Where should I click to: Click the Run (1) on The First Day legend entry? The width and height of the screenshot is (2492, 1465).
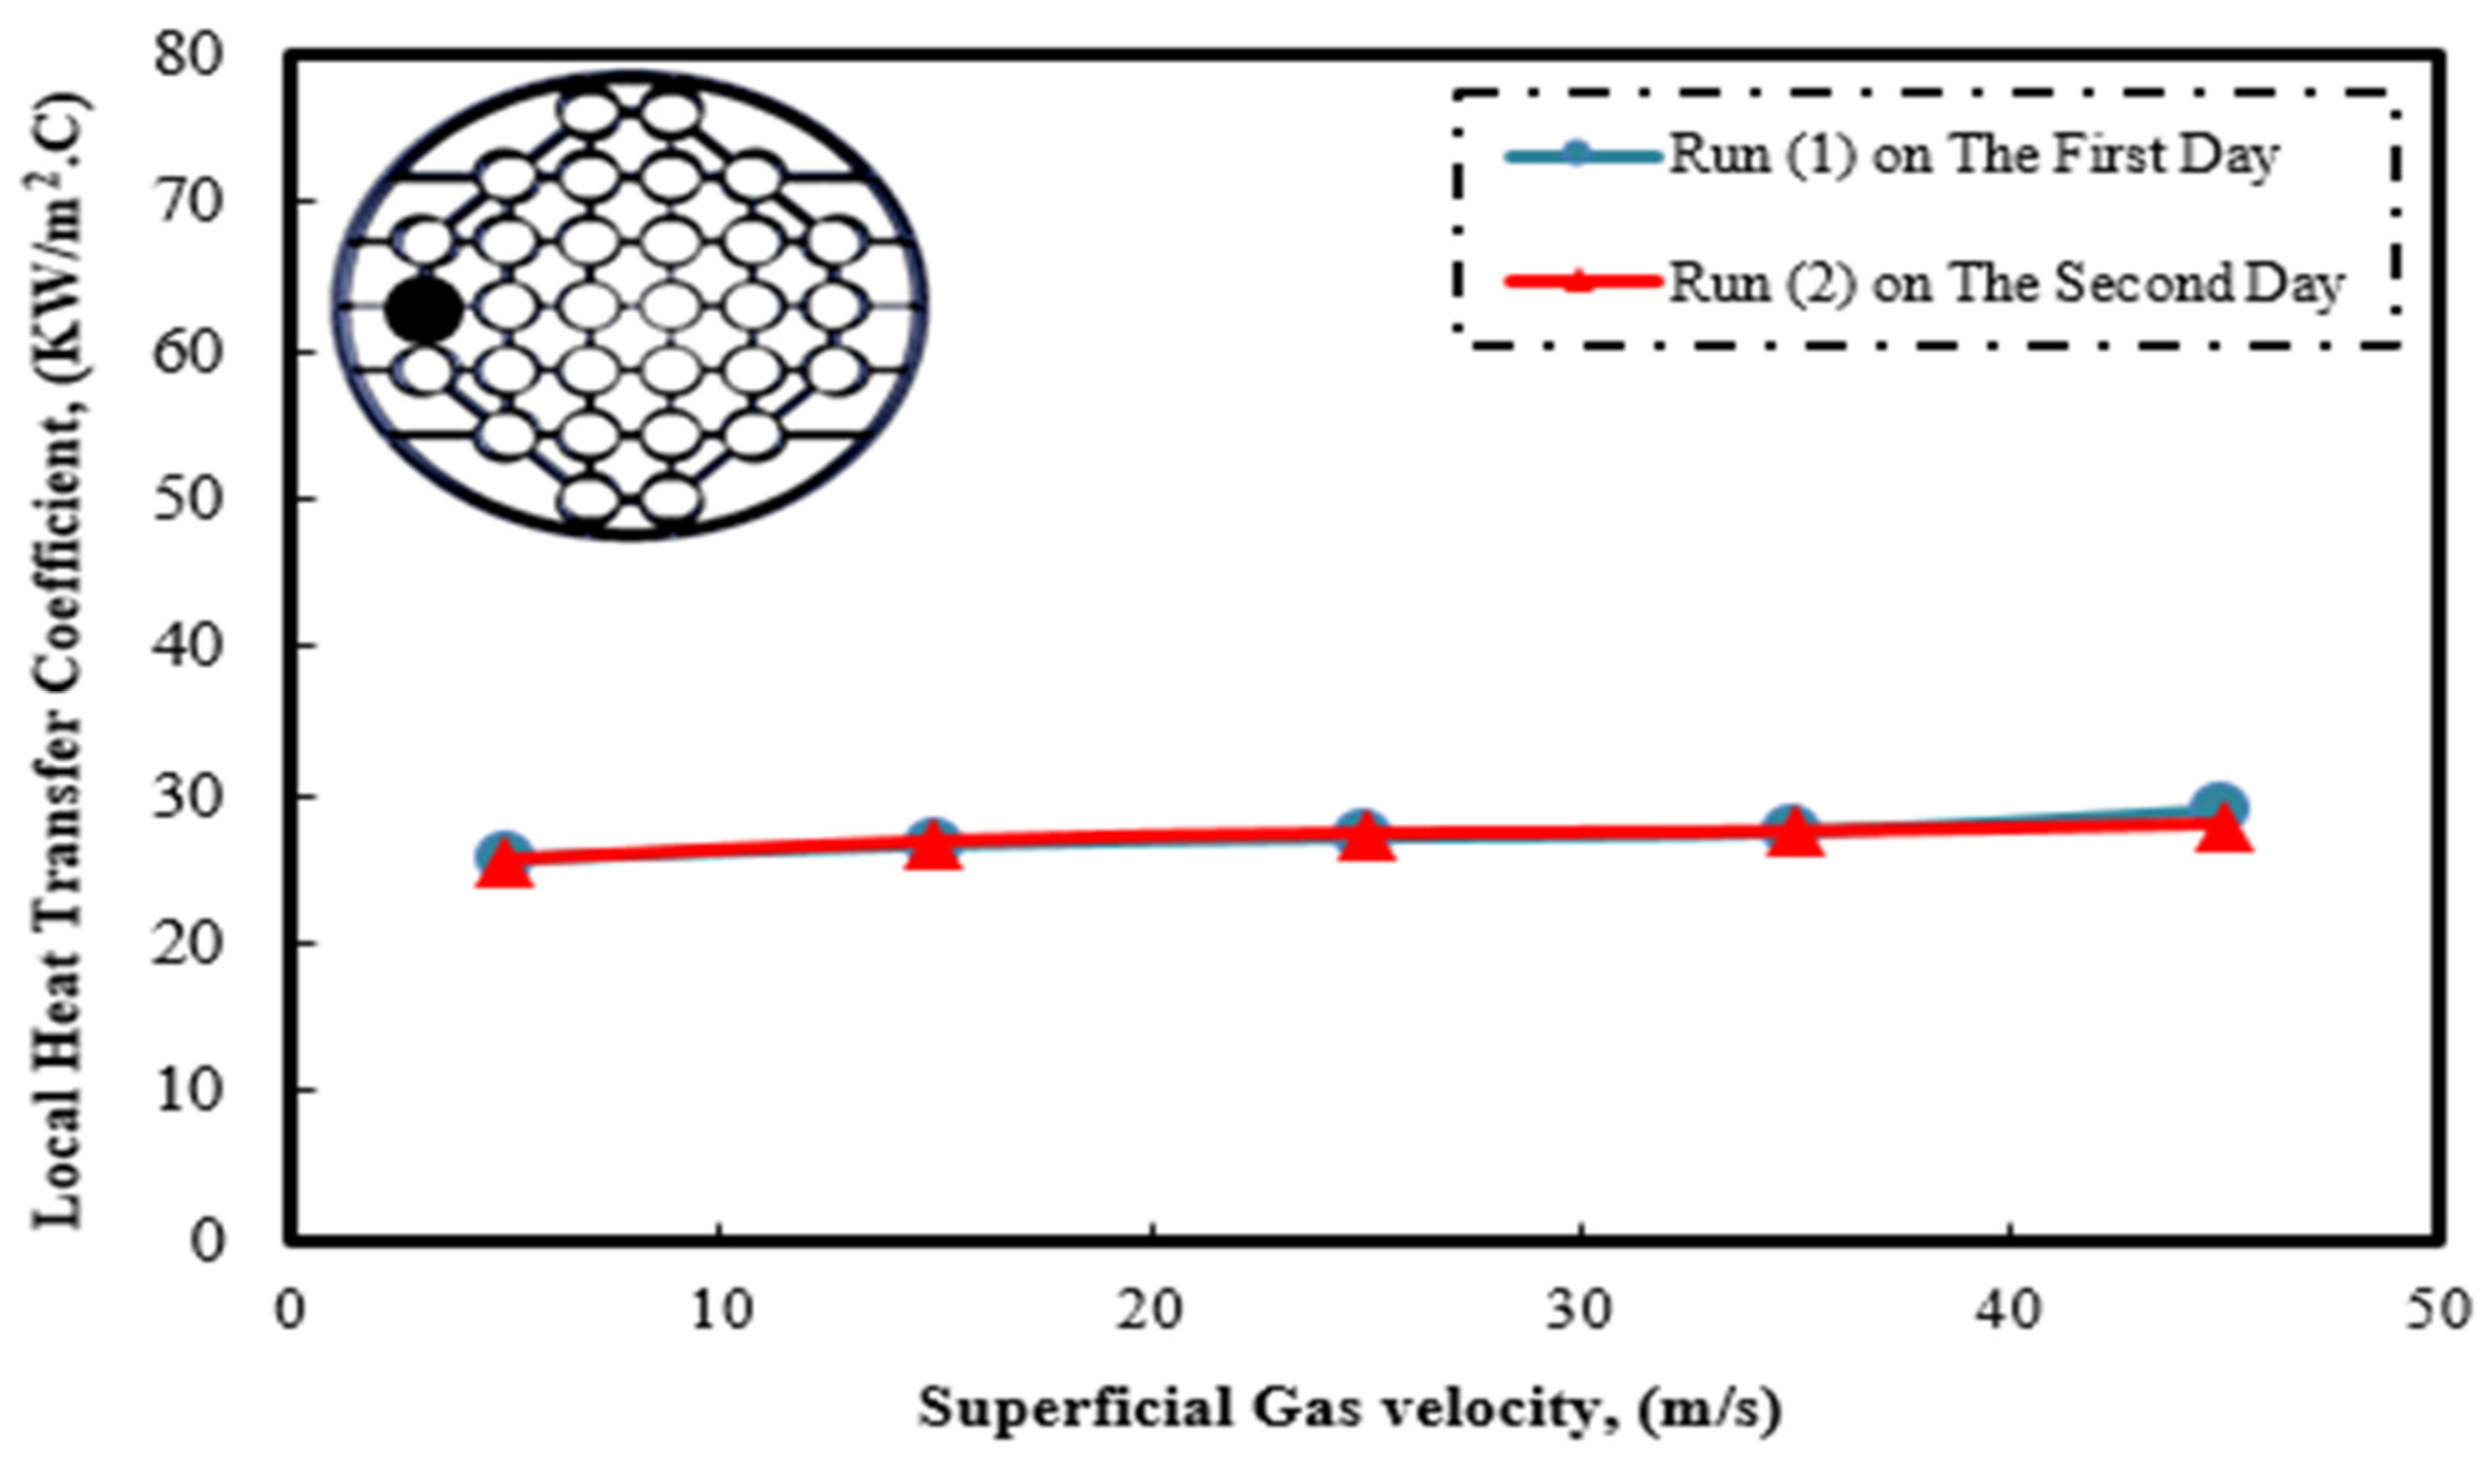[1973, 156]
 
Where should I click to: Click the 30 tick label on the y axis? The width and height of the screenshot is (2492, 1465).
[189, 795]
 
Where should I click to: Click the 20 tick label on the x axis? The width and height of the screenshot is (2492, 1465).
[1151, 1311]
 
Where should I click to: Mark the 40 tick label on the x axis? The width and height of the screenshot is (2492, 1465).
[2009, 1311]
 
